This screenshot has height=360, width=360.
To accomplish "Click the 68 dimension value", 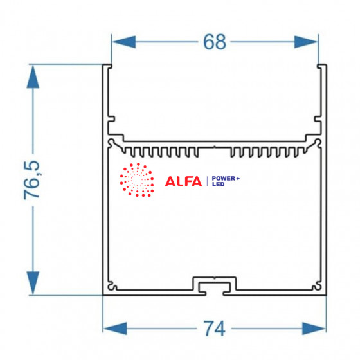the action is point(215,42).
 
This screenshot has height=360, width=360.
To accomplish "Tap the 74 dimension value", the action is point(215,328).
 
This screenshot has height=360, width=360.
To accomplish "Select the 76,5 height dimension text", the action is point(32,180).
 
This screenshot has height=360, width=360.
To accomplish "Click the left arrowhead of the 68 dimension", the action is point(124,42).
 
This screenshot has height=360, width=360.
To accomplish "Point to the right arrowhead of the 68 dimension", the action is point(306,42).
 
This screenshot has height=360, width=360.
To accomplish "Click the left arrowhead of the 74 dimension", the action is point(115,328).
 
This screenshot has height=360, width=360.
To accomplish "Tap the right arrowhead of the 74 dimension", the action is point(314,328).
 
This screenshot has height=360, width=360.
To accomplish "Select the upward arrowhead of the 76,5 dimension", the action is point(33,77).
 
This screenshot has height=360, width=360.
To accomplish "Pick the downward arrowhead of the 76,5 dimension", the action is point(33,283).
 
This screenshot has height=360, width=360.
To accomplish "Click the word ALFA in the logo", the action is point(183,181).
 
